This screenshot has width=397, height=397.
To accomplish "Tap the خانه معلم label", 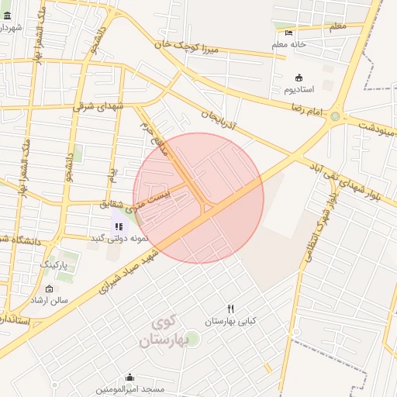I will (289, 45).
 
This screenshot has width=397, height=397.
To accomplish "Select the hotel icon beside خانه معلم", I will (289, 33).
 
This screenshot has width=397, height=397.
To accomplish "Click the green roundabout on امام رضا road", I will (335, 117).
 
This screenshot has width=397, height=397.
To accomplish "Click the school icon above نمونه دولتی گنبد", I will (119, 226).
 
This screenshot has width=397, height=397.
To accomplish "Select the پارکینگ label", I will (54, 264).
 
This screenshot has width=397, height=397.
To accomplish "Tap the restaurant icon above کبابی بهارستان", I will (230, 309).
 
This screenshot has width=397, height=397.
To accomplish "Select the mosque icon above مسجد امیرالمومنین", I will (129, 378).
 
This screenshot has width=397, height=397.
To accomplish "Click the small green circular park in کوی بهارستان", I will (192, 339).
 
